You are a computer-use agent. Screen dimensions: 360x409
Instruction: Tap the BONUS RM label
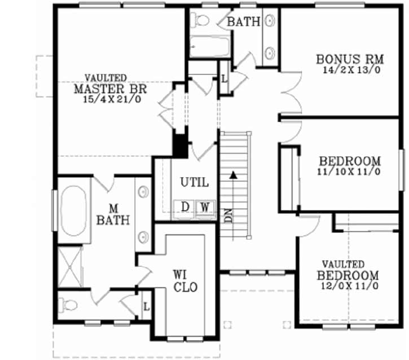(350, 59)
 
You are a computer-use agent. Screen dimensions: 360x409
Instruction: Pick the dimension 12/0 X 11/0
(348, 286)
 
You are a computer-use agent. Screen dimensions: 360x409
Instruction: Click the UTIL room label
(194, 182)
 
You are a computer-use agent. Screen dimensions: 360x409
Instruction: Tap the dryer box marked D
(185, 207)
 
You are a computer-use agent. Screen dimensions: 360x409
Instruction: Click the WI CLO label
(185, 281)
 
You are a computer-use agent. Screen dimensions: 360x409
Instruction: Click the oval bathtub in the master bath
(73, 211)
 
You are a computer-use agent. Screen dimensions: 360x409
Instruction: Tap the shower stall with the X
(71, 265)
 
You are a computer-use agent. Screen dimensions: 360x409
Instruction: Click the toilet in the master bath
(69, 305)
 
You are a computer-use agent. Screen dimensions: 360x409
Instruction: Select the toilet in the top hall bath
(201, 20)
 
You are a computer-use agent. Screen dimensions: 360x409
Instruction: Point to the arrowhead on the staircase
(232, 175)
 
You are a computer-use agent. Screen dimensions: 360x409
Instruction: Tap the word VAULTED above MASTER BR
(105, 78)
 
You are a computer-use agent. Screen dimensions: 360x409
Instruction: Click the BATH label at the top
(244, 22)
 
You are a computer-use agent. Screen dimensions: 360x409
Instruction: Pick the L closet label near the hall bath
(224, 78)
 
